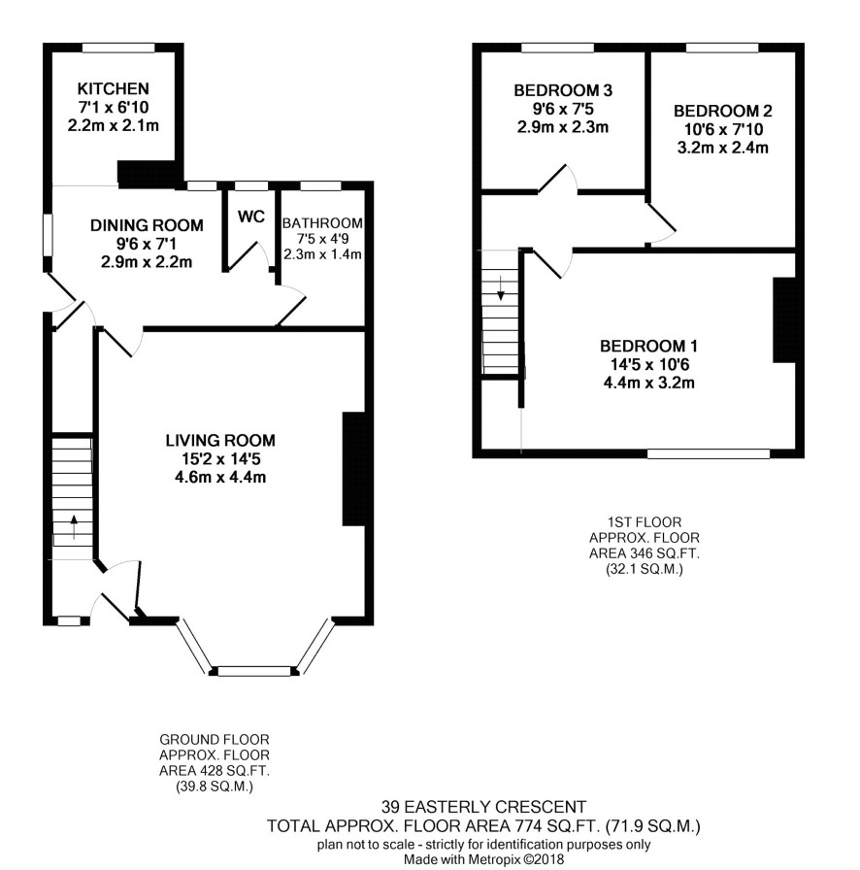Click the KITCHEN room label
tap(114, 88)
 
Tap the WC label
tap(251, 217)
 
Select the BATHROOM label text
tap(322, 223)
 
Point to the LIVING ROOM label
tap(220, 441)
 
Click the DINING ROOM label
tap(147, 225)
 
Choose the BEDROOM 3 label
tap(563, 90)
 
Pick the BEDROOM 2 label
tap(722, 111)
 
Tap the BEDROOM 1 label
tap(648, 347)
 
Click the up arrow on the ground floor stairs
tap(73, 527)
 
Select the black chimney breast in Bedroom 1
tap(784, 320)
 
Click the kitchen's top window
tap(118, 49)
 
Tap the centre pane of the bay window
tap(254, 671)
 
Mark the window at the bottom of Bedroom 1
tap(709, 453)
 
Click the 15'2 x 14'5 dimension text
tap(220, 459)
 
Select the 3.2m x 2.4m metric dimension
tap(722, 149)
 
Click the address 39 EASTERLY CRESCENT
tap(483, 806)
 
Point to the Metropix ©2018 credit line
tap(483, 859)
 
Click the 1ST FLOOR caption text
tap(645, 522)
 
